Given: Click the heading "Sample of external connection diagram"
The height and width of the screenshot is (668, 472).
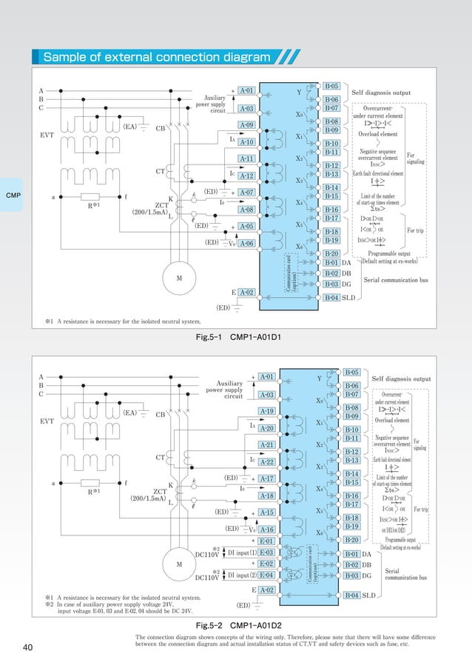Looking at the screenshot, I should [x=156, y=57].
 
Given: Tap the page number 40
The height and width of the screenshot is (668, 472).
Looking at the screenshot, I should [x=28, y=648].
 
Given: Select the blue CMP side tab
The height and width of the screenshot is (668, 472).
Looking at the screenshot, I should [x=13, y=196].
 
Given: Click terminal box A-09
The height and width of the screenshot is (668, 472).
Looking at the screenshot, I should [x=247, y=125].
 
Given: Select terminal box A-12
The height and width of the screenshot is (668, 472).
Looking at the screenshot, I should [x=247, y=176].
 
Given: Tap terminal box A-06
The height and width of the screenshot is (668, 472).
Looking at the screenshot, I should [x=247, y=243].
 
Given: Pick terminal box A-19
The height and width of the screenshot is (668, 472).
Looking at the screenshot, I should [x=266, y=411].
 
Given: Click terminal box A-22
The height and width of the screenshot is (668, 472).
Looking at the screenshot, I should [x=266, y=461].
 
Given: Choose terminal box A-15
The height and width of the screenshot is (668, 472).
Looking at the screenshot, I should [x=266, y=512].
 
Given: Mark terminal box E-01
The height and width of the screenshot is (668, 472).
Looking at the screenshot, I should [x=266, y=541].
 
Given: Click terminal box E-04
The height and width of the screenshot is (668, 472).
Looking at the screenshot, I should [x=266, y=575].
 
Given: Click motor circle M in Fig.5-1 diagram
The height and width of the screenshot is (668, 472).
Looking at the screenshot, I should [x=179, y=278].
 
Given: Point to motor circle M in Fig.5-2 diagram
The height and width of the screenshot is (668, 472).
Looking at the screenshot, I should [x=179, y=565].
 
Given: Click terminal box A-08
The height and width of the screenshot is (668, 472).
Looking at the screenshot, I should [x=247, y=210].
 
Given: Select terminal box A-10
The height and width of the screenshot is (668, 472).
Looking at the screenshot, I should [x=247, y=141].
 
